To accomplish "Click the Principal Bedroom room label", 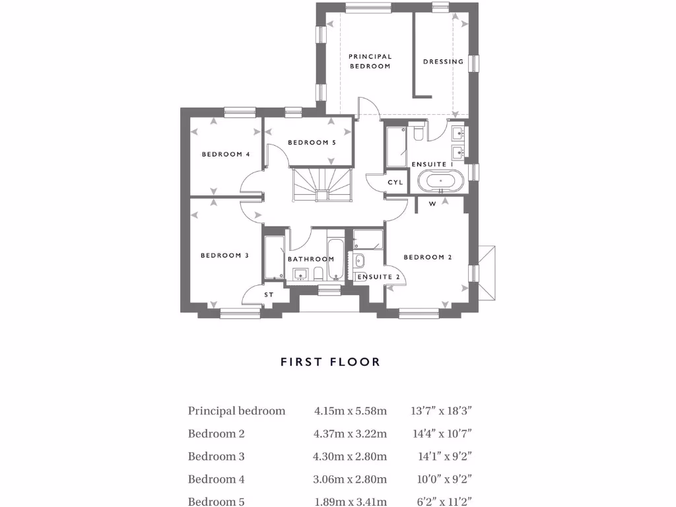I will point(370,61).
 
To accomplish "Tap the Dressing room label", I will point(443,62).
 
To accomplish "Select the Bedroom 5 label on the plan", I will point(312,143).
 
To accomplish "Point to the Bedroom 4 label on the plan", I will point(226,154).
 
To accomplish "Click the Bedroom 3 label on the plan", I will point(224,255).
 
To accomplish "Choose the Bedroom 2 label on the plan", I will point(428,257).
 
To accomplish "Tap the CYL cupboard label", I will point(395,182).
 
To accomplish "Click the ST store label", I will point(269,294).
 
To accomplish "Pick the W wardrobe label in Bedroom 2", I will point(432,204).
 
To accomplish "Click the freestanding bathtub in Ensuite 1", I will point(440,180).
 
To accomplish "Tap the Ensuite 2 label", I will point(378,277).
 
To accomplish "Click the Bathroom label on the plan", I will point(311,259).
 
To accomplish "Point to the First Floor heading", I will point(330,362).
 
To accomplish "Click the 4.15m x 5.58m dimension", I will point(351,411).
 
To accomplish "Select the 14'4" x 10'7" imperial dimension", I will point(442,434).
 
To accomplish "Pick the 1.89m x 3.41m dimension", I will point(351,502).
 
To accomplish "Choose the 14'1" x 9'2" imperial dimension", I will point(445,456).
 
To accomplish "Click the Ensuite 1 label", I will point(432,164).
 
